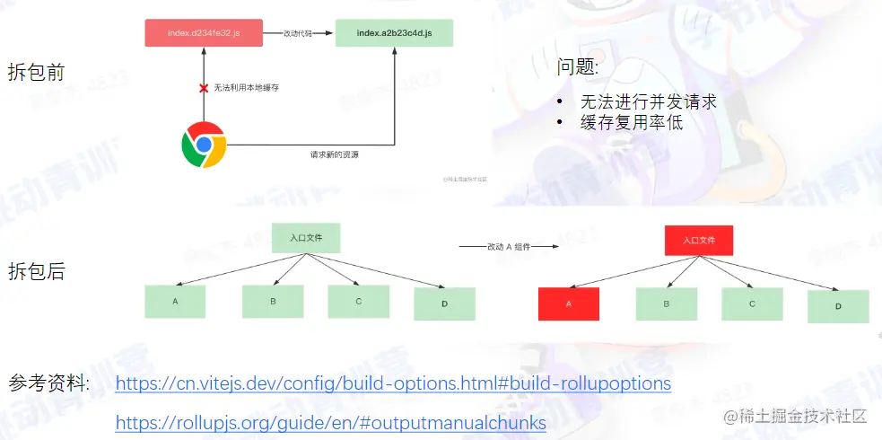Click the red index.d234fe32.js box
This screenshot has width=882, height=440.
[203, 34]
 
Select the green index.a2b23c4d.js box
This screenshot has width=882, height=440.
[394, 34]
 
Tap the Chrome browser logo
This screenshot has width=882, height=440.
[204, 145]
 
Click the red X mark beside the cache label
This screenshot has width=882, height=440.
[204, 88]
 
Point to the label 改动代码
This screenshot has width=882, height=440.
[299, 33]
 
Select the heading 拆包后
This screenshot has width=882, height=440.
[36, 271]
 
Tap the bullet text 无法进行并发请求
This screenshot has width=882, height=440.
[648, 101]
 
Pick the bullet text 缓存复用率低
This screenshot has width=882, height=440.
[632, 122]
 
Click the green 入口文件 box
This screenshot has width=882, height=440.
[306, 238]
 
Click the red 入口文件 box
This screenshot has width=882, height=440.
[699, 241]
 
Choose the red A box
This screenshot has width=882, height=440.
[569, 304]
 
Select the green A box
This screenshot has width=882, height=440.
[175, 302]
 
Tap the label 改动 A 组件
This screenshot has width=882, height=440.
[509, 245]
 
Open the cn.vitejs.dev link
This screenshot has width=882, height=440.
[393, 383]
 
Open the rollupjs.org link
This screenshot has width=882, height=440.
[330, 421]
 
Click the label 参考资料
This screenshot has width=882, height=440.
[48, 383]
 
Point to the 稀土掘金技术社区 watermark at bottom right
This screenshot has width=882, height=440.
[796, 416]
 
